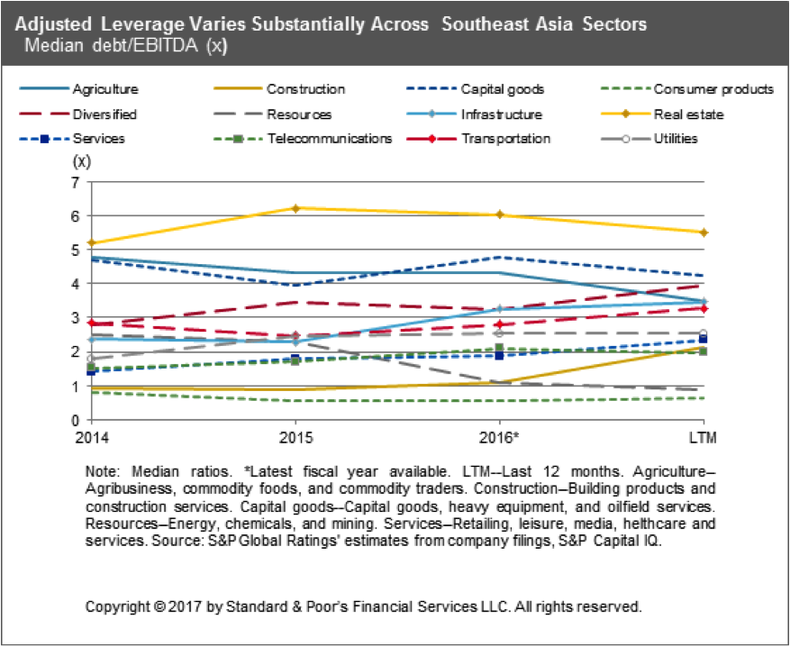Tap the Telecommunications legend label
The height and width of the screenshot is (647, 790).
341,139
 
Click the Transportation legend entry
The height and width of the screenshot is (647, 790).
505,139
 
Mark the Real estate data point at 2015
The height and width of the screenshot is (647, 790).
296,208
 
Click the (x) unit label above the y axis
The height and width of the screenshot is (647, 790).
81,162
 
